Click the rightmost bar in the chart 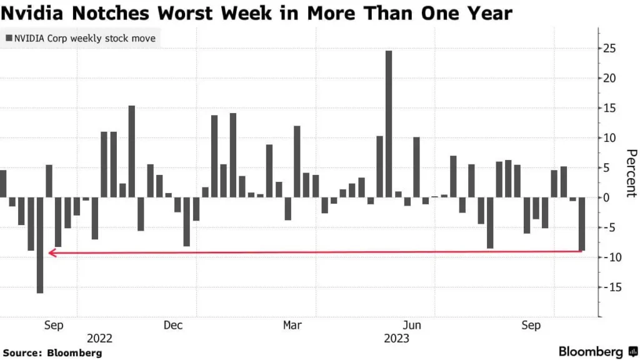point(582,224)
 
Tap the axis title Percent point(631,173)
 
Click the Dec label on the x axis point(173,325)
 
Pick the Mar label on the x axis point(292,325)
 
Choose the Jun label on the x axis point(412,325)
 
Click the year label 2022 point(100,338)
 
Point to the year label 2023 point(397,338)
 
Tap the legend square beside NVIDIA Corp point(9,39)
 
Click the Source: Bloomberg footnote point(52,352)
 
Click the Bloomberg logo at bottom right point(597,352)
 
